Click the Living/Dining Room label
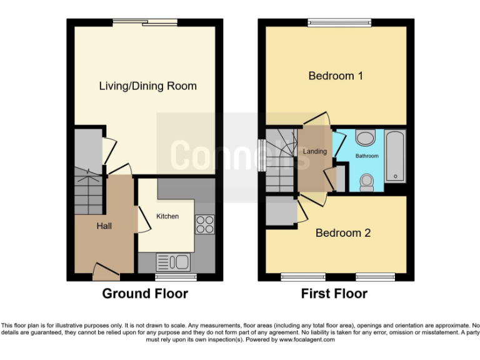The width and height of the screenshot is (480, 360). (147, 86)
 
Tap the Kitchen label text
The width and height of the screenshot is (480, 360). (167, 216)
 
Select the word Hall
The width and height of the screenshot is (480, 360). (104, 226)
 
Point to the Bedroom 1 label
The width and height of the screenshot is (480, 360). (336, 76)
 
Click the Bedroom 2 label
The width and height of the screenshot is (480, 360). (342, 233)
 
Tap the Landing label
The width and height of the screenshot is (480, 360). (314, 152)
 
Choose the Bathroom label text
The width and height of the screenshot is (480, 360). (367, 156)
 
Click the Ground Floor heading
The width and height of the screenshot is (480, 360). (144, 294)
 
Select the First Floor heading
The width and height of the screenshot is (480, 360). (334, 294)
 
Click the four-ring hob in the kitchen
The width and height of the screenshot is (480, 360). (204, 224)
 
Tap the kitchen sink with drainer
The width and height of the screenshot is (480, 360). (173, 261)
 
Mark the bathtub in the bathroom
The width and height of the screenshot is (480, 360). (395, 156)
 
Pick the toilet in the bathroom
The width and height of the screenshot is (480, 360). (367, 181)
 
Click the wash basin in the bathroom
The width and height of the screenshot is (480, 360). (364, 137)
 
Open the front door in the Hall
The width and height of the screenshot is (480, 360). (106, 271)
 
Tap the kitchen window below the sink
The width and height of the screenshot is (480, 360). (176, 277)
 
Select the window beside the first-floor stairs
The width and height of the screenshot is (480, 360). (261, 154)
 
